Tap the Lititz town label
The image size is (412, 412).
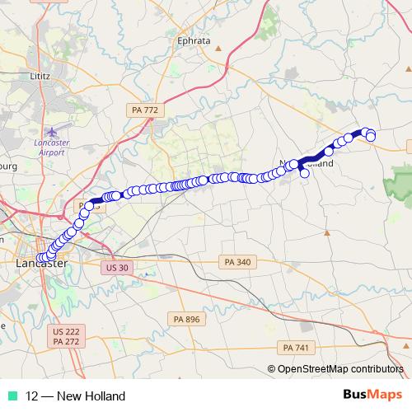pos(40,76)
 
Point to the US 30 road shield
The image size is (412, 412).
pos(118,268)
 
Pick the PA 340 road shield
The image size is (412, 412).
pos(237,262)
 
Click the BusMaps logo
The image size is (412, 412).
pos(377,396)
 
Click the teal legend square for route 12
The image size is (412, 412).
pos(12,396)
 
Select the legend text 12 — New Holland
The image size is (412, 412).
pos(76,396)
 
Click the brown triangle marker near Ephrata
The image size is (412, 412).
pos(218,49)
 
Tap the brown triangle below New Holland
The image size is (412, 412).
pos(327,232)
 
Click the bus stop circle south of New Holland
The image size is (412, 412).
pos(305,172)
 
